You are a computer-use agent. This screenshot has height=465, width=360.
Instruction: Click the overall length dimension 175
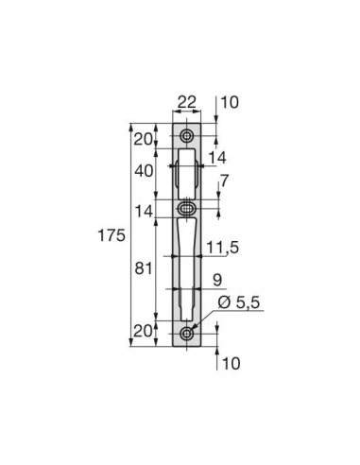tap(111, 235)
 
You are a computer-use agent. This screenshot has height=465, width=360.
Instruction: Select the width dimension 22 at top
tap(187, 102)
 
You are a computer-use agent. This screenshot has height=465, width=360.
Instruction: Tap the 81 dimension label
tap(144, 268)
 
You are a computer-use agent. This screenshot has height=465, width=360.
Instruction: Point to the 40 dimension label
tap(144, 171)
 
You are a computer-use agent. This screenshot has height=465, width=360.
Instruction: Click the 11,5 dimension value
tap(223, 248)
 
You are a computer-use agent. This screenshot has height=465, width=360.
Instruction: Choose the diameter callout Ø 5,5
tap(238, 302)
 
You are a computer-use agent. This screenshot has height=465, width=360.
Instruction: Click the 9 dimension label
tap(217, 280)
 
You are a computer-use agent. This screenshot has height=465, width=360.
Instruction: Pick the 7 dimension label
tap(224, 181)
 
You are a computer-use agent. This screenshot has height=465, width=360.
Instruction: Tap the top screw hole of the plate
tap(187, 136)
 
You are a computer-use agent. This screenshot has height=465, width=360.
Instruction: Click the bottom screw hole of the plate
tap(187, 334)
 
